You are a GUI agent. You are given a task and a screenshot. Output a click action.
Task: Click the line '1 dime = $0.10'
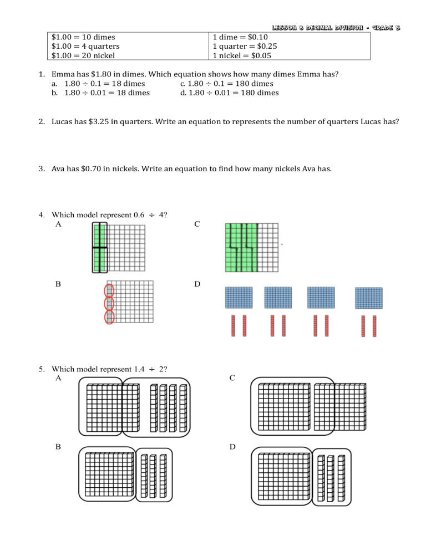[240, 38]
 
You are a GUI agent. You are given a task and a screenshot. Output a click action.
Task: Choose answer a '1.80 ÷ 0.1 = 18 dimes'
[105, 83]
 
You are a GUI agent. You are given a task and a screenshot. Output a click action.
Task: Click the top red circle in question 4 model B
[109, 290]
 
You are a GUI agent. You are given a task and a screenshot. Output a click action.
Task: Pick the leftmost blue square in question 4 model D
[239, 297]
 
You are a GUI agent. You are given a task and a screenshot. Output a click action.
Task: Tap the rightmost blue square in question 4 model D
[368, 298]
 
